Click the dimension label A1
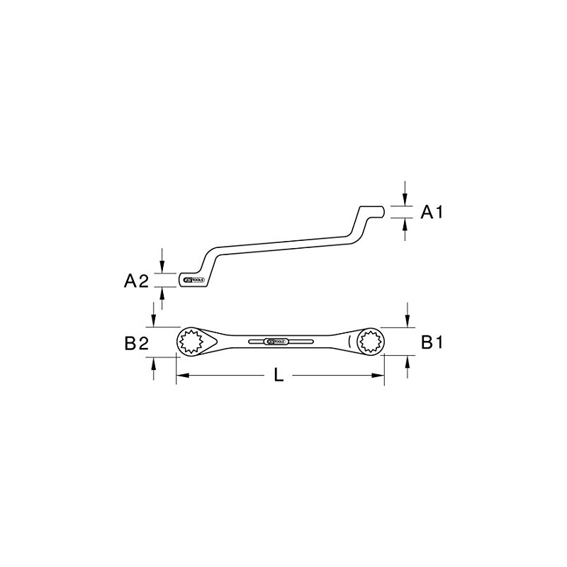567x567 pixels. click(x=432, y=212)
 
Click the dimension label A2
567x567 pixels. click(x=136, y=281)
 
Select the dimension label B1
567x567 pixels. click(x=432, y=342)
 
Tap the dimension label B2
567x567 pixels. click(x=136, y=344)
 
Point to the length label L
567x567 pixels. click(x=279, y=376)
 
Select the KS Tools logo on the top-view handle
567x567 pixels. click(x=277, y=342)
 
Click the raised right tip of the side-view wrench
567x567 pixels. click(x=378, y=211)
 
